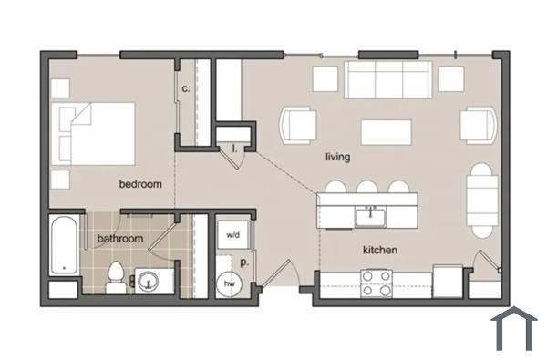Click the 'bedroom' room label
click(140, 184)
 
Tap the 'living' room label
click(338, 157)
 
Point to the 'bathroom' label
click(120, 239)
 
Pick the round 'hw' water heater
click(230, 283)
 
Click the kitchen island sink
click(369, 217)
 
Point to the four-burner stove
click(377, 283)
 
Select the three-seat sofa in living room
click(388, 80)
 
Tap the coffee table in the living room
click(386, 132)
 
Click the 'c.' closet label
click(185, 88)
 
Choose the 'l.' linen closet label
click(234, 147)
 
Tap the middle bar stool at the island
click(368, 188)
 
